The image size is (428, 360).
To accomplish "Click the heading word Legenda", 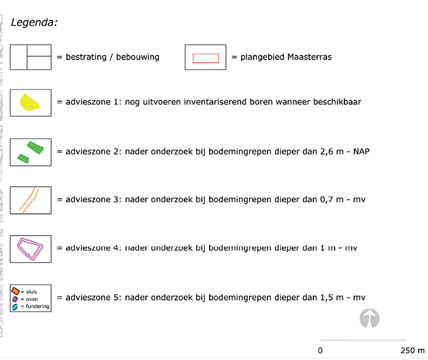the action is tap(34, 23).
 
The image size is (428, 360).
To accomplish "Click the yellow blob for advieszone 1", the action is tap(30, 103).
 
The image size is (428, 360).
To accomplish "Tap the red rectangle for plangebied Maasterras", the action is tap(206, 58).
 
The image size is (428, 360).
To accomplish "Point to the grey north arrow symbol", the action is tap(369, 318).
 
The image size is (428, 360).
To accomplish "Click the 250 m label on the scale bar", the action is tap(412, 351).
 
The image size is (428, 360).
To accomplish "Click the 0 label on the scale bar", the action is tap(320, 351).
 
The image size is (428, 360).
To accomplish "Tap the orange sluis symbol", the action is tap(16, 291).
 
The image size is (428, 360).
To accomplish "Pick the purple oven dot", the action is tap(15, 299).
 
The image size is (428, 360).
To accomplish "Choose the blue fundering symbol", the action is tap(15, 306).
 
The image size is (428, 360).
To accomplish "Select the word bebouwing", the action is tap(137, 57).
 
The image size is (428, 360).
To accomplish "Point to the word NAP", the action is tap(361, 152).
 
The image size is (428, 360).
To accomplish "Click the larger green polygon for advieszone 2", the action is tap(36, 148).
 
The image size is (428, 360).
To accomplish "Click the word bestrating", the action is tap(86, 57).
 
